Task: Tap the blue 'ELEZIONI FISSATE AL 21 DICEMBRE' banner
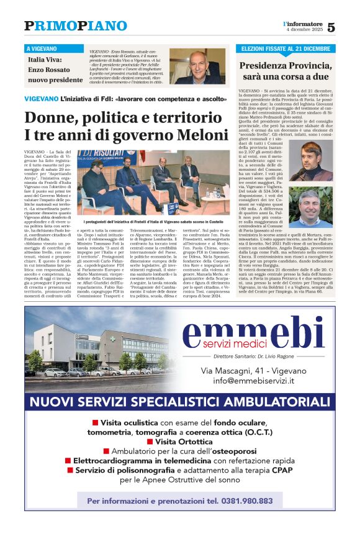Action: [286, 48]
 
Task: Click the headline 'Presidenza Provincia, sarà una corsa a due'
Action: [286, 70]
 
